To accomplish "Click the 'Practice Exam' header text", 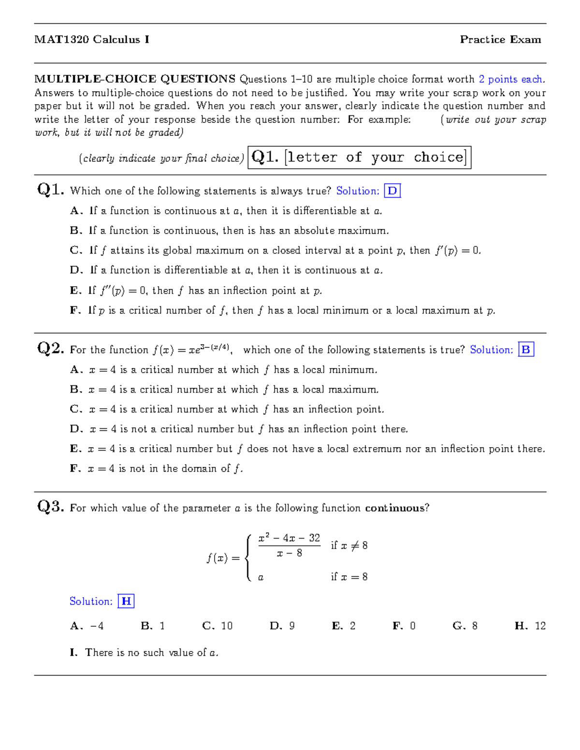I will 500,40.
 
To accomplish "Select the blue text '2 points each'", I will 511,79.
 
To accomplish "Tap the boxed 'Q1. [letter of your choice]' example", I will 359,157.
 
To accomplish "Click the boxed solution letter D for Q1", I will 392,191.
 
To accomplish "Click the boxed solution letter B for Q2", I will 526,350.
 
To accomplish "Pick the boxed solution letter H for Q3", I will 126,601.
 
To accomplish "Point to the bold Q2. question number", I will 50,348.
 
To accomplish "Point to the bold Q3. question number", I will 50,507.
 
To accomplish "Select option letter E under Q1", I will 75,291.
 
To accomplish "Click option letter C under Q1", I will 76,251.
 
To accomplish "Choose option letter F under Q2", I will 75,468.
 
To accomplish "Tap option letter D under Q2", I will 76,429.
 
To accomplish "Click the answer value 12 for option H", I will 540,626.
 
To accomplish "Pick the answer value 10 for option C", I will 227,626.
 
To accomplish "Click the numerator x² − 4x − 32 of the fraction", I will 289,538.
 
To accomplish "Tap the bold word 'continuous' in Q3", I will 394,508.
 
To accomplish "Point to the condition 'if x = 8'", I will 349,577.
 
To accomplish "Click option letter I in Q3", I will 73,653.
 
